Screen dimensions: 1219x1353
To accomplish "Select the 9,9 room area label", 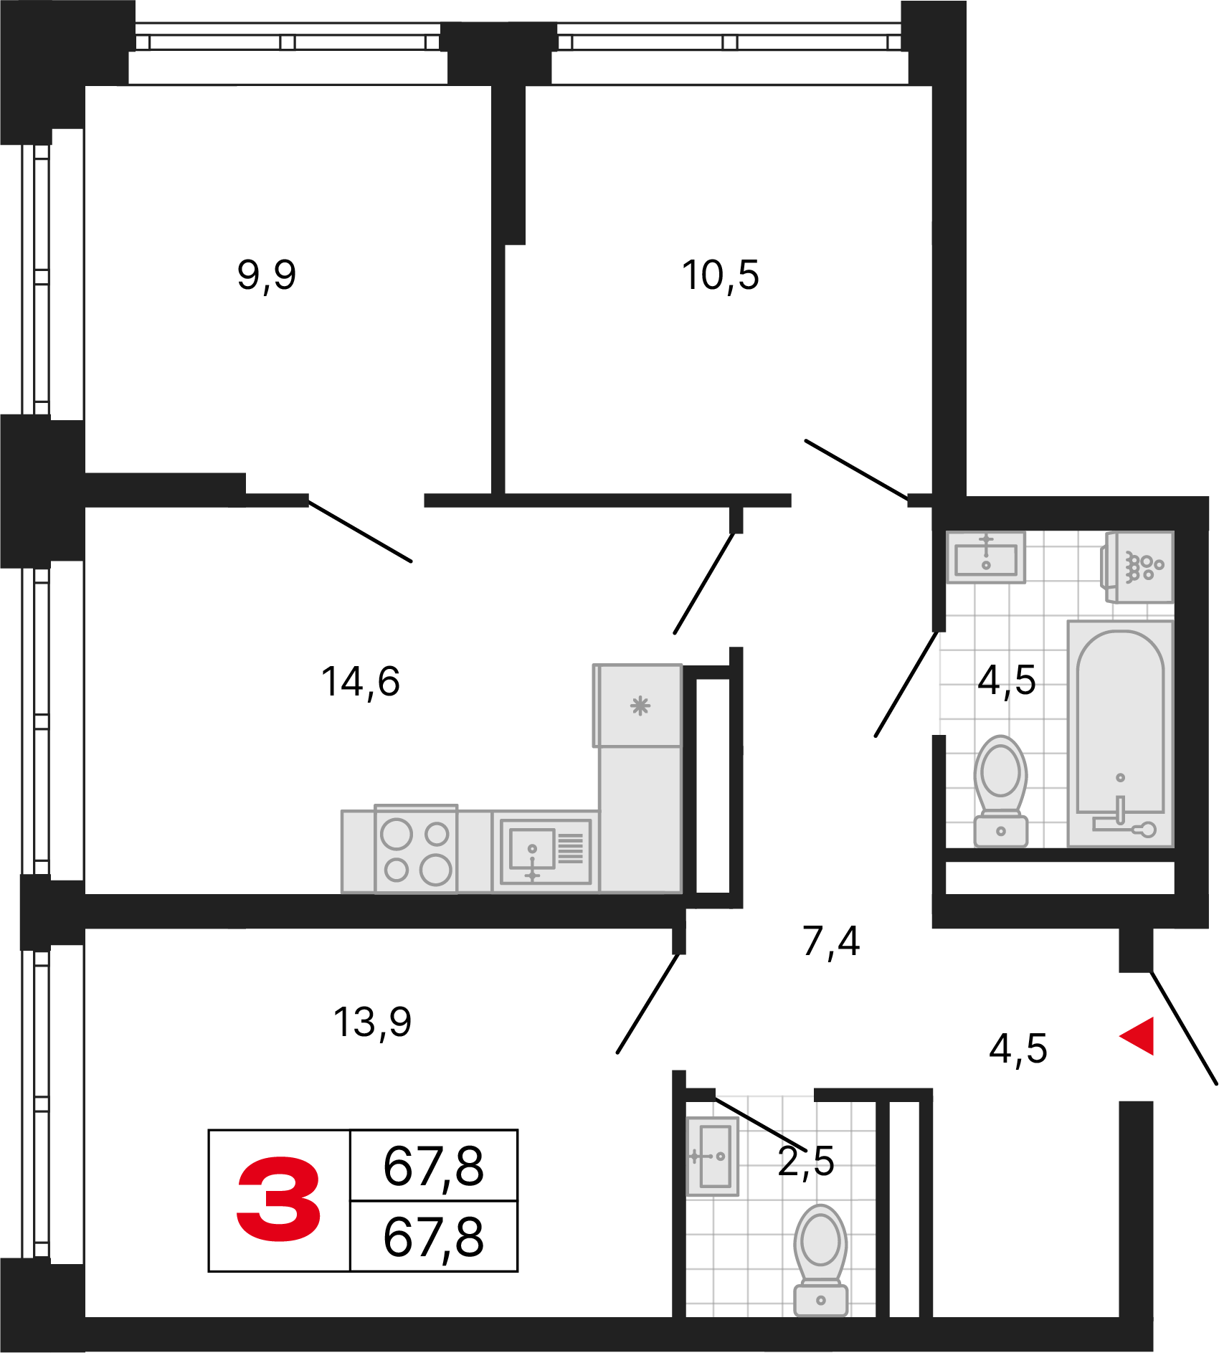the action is point(266,275).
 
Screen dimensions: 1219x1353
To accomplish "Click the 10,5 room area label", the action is point(720,275).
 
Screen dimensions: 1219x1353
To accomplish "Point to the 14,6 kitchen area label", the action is point(360,682).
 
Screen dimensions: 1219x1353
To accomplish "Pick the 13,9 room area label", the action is point(372,1022).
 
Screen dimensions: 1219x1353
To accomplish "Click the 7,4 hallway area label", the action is point(831,941).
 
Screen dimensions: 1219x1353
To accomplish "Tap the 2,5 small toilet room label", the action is point(806,1162).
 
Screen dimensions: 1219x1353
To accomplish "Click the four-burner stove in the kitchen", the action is point(416,849).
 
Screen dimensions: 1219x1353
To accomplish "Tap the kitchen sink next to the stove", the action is point(546,852).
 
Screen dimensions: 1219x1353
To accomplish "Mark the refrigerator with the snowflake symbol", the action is point(637,706).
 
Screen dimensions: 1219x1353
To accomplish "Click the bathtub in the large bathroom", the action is point(1120,734).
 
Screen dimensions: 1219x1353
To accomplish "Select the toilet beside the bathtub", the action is point(1001,791).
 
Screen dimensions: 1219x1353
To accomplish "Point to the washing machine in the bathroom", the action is point(1138,567).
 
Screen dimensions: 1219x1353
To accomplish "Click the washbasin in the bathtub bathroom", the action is point(986,556).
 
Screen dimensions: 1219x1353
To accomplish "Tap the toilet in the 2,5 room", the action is point(821,1260).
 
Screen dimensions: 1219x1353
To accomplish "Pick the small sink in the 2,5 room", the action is point(712,1157).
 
